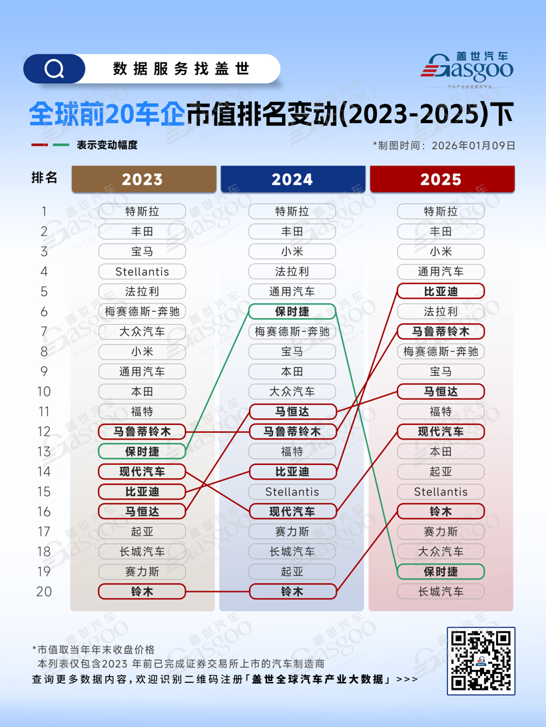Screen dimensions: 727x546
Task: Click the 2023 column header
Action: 142,180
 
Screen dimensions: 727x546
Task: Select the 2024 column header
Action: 292,180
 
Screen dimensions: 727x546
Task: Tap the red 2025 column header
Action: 441,180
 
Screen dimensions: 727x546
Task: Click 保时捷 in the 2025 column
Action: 441,571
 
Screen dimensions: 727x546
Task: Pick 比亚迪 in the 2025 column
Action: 441,291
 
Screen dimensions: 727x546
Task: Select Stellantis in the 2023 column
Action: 142,271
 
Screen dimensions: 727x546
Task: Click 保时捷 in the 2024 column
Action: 292,311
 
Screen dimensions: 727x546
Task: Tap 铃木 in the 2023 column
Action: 142,591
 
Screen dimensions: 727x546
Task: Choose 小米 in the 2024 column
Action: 292,251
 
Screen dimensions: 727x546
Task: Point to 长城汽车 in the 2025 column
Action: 441,591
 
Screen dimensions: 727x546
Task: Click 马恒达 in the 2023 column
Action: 142,511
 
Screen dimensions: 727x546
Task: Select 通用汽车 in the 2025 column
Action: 441,271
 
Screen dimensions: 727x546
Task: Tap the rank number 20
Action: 44,591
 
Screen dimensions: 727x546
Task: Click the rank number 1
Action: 44,212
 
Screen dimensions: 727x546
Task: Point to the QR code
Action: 481,660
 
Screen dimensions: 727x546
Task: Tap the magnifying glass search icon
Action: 54,69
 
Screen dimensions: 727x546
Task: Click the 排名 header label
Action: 45,178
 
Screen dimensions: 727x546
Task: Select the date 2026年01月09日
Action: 473,145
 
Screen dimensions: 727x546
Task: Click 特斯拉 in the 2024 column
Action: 292,212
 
